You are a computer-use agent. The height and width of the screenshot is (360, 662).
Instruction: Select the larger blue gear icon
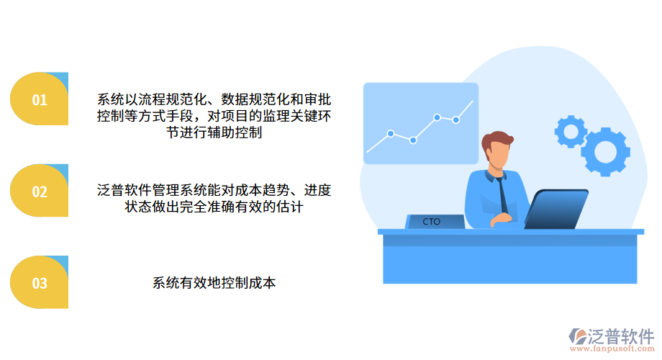click(x=604, y=152)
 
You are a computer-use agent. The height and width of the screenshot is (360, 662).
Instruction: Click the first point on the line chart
click(x=391, y=133)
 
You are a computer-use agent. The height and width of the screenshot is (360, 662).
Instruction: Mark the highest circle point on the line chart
click(x=437, y=117)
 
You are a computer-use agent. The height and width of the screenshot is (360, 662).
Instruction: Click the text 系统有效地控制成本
click(x=214, y=283)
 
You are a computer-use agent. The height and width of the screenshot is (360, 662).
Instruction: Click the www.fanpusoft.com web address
click(x=612, y=350)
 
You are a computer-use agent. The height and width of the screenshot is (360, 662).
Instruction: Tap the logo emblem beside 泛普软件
click(x=577, y=336)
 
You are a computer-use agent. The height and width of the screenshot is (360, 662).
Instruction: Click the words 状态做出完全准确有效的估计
click(x=214, y=207)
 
